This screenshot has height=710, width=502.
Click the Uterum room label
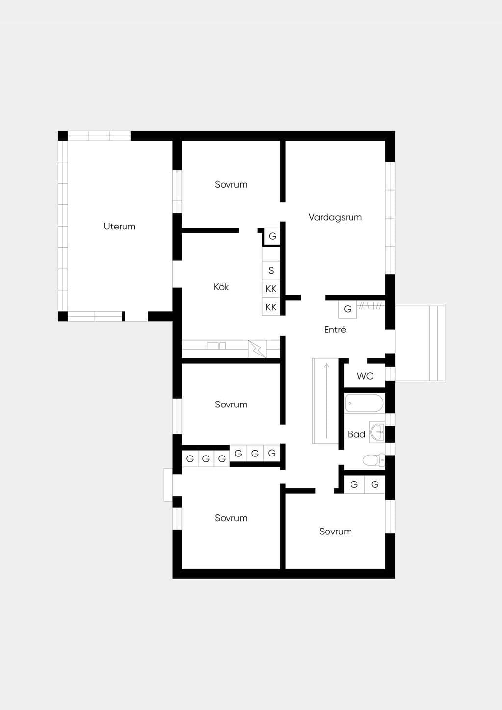120,227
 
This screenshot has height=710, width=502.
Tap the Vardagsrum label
335,217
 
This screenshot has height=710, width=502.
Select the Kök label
221,287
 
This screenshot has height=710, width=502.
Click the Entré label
335,330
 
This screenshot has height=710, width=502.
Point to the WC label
365,376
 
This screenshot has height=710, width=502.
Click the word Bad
356,434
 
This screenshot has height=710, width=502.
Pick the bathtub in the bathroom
364,403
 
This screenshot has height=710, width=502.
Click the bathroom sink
377,431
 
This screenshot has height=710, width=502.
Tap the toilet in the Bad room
374,460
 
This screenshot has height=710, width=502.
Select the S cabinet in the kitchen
271,270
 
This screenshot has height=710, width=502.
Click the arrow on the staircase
327,401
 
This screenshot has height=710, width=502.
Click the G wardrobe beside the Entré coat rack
348,309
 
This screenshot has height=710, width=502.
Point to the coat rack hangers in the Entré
371,306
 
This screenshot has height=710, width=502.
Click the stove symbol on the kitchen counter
257,349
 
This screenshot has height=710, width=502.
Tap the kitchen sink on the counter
216,346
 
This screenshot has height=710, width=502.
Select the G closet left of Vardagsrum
272,236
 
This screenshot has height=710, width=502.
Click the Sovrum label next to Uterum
231,184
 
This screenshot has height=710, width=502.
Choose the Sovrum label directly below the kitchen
231,405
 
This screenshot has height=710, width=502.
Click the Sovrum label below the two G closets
335,531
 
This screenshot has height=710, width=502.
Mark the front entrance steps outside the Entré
420,344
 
